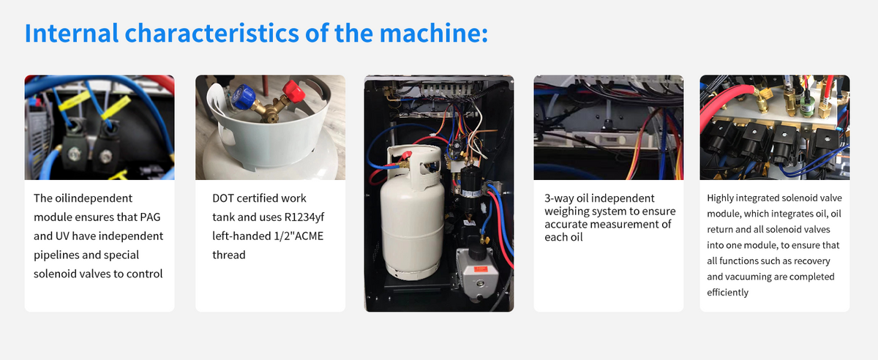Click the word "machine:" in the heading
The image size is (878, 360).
pos(434,33)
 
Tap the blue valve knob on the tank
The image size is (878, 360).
pos(243,97)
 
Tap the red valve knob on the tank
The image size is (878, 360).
pos(293,91)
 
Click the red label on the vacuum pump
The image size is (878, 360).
pos(480,269)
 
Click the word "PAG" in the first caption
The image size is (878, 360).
pos(150,217)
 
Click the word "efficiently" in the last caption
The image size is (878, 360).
pos(727,293)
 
